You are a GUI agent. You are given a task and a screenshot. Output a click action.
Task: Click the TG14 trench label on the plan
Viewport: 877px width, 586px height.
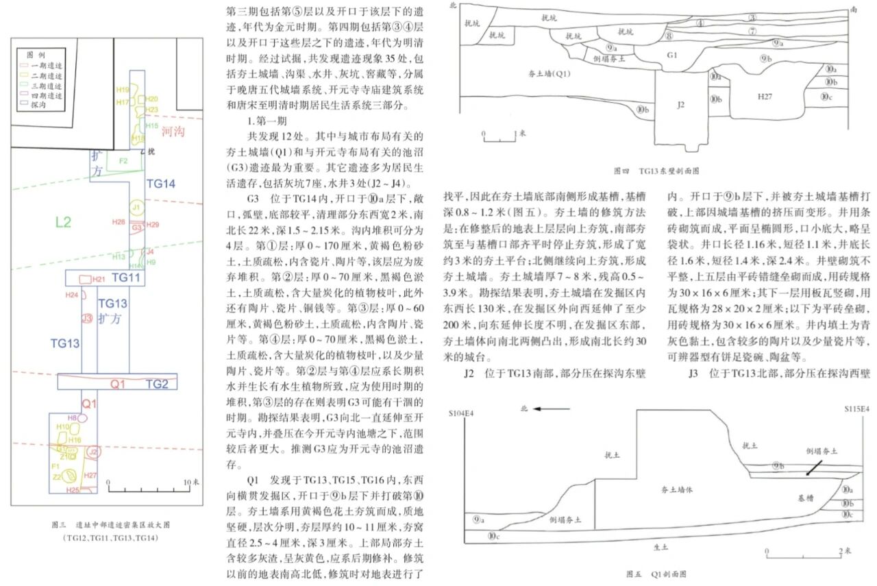click(x=161, y=183)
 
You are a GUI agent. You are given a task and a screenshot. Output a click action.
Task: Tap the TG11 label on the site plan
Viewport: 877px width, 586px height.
click(x=126, y=278)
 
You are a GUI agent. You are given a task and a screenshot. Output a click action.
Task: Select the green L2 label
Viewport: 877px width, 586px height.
click(x=63, y=221)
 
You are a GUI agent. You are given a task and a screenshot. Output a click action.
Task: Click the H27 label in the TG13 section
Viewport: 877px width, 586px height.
click(x=765, y=97)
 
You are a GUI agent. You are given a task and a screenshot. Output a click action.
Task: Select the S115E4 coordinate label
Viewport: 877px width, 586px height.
click(x=856, y=409)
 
